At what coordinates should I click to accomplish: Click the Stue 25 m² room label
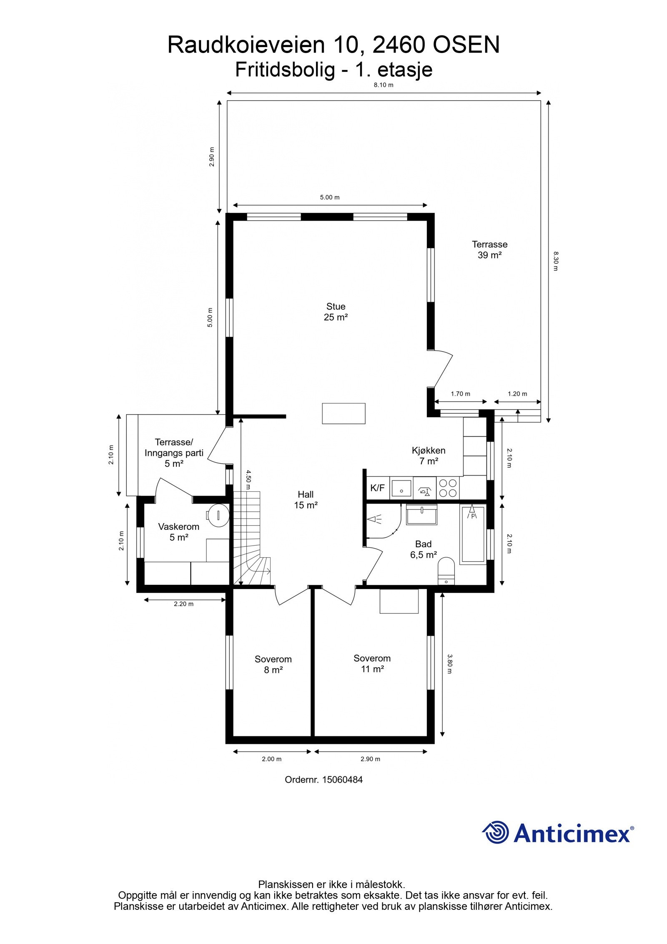(336, 312)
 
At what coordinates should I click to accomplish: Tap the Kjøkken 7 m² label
(428, 456)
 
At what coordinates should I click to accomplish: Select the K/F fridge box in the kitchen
(377, 488)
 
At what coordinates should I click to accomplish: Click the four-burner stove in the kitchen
(448, 488)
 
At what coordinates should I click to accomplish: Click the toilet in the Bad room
(446, 570)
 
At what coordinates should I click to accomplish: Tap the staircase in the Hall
(250, 538)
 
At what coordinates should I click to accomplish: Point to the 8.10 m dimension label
(383, 85)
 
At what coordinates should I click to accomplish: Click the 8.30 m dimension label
(555, 261)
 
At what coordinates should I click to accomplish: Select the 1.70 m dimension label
(460, 394)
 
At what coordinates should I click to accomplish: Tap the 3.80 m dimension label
(449, 664)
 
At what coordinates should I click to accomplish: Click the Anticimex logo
(557, 832)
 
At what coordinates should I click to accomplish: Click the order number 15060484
(323, 780)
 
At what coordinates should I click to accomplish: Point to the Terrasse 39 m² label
(489, 249)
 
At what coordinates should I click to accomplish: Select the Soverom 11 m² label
(372, 663)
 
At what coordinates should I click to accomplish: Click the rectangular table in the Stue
(344, 413)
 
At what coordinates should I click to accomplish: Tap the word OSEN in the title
(466, 45)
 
